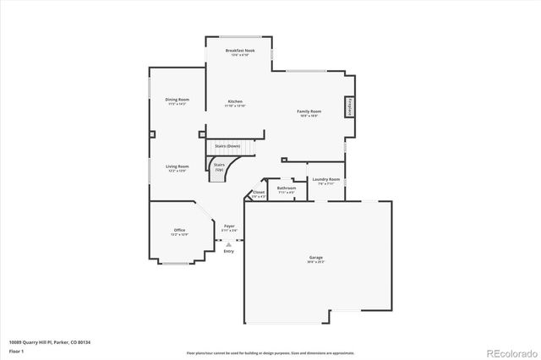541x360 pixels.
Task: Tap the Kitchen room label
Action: [235, 101]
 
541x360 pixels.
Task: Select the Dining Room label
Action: [177, 100]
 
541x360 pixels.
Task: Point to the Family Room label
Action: [308, 112]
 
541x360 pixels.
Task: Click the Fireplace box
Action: [347, 107]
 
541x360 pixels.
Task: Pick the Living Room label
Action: [177, 166]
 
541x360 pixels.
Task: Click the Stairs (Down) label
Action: [227, 146]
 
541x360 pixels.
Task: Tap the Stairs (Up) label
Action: [219, 166]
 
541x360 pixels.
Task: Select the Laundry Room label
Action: [325, 179]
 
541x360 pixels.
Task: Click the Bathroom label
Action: [286, 188]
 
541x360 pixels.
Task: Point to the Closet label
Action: [259, 193]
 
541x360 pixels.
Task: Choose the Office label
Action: [179, 230]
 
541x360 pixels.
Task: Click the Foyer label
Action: [229, 226]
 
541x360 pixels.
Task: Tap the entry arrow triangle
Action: [228, 244]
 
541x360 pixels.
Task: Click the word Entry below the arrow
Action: [228, 251]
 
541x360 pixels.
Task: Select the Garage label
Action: [316, 257]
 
